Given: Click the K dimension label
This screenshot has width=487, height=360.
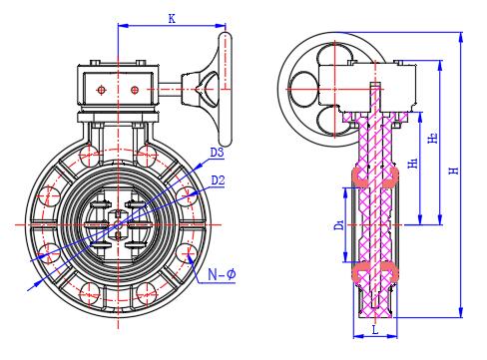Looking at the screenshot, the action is pos(172,19).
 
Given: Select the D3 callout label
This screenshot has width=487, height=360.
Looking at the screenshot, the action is pos(218,153).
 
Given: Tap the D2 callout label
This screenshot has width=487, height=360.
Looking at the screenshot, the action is pos(218,180).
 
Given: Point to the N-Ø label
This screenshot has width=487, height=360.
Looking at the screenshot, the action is pos(222,274).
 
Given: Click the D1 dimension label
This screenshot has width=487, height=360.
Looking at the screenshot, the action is pos(339,225).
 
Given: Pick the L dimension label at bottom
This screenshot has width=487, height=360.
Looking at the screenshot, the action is pos(375,330).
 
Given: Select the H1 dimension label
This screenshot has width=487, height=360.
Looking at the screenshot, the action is pos(413,163).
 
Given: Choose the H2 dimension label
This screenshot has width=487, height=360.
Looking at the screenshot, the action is pos(432,138).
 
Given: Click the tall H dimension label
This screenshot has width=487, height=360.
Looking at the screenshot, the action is pos(454,171).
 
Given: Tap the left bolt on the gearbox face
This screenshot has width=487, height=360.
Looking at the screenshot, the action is pos(101,90).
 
